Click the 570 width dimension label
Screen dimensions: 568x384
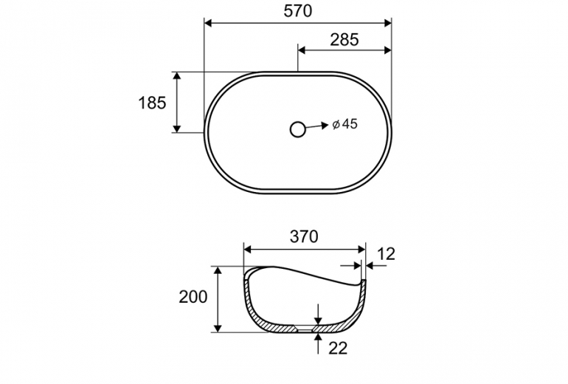(297, 11)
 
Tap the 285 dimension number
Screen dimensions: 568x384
(344, 40)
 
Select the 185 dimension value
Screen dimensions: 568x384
(152, 103)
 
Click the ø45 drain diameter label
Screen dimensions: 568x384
(345, 124)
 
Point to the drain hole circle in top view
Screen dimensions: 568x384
(298, 129)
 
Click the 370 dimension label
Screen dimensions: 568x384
(304, 237)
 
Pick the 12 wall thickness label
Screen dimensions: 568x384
(386, 254)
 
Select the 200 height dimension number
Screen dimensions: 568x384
(193, 297)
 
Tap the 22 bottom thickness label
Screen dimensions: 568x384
(338, 348)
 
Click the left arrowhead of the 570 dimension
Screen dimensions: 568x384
(208, 23)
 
